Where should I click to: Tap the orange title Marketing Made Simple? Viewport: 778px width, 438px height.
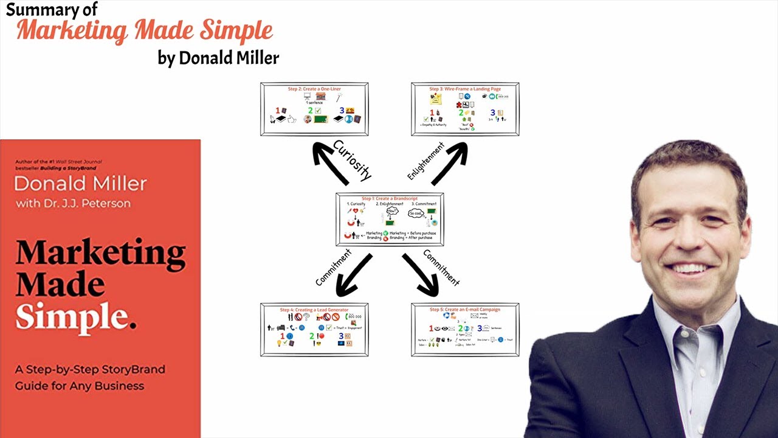click(x=145, y=30)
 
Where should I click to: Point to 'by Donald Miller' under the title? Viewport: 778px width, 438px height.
click(x=218, y=58)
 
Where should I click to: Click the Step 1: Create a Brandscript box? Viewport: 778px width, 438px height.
click(x=390, y=220)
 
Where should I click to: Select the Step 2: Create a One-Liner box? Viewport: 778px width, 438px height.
click(x=314, y=109)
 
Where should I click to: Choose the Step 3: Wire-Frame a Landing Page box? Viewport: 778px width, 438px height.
click(x=465, y=109)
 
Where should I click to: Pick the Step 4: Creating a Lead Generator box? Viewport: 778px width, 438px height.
click(x=314, y=330)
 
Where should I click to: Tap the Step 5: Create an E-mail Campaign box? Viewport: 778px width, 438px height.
click(x=465, y=330)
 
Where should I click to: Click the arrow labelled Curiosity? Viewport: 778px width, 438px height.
click(x=330, y=163)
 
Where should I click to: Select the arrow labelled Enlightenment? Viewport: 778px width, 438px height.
click(x=450, y=163)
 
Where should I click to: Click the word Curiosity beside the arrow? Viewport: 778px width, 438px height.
click(x=353, y=160)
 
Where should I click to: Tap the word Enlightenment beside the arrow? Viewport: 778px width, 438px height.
click(x=426, y=161)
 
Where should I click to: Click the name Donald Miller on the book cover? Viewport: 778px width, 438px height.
click(x=80, y=184)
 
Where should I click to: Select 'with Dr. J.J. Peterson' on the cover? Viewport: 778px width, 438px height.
click(x=73, y=203)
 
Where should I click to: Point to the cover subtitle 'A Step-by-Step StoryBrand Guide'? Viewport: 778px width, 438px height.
click(x=90, y=377)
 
